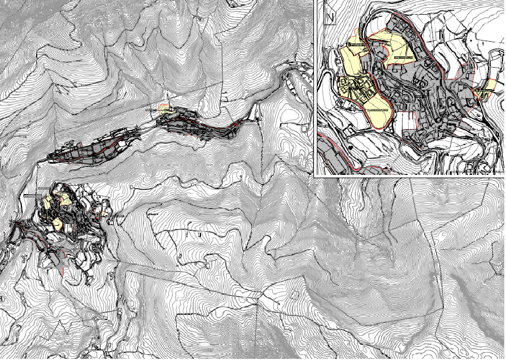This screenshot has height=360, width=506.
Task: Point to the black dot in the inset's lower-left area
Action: (351, 148)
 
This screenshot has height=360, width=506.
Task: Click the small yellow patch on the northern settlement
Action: (164, 109)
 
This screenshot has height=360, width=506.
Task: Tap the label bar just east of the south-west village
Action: (119, 216)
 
